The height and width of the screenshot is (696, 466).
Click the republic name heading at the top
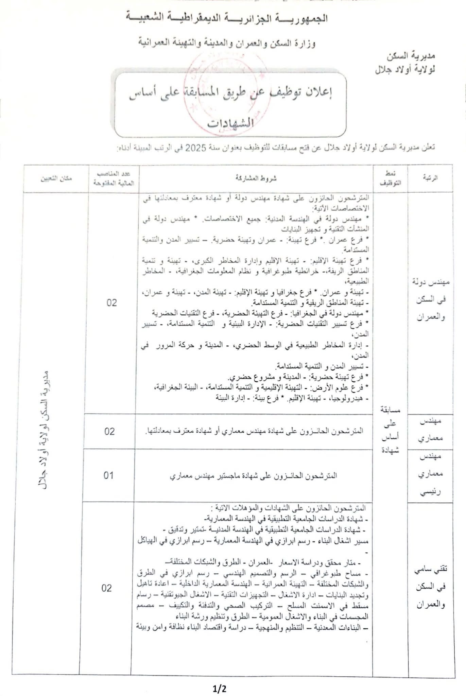pyautogui.click(x=227, y=18)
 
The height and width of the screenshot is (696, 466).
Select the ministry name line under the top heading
pyautogui.click(x=227, y=44)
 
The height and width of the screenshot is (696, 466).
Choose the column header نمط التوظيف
pyautogui.click(x=390, y=178)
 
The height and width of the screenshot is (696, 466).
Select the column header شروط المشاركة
pyautogui.click(x=255, y=178)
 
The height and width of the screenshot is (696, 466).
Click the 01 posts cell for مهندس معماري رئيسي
pyautogui.click(x=109, y=475)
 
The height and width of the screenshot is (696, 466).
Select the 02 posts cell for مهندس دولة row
pyautogui.click(x=111, y=302)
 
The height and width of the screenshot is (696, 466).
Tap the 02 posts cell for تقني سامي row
pyautogui.click(x=107, y=588)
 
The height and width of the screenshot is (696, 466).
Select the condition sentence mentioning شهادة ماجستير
pyautogui.click(x=254, y=476)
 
